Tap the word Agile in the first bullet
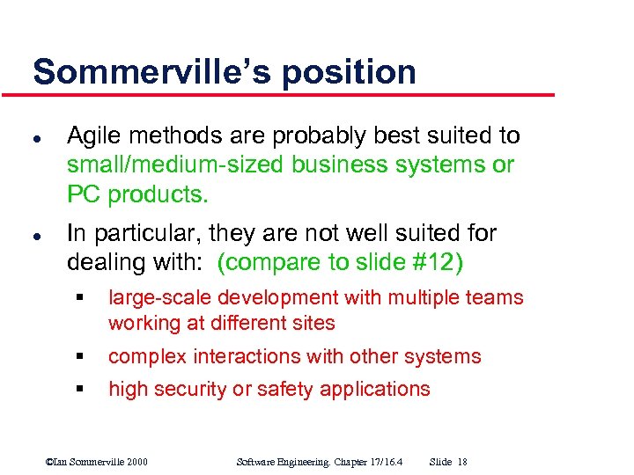92,136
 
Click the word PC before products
84,193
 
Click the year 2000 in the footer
137,461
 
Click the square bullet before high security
78,390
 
